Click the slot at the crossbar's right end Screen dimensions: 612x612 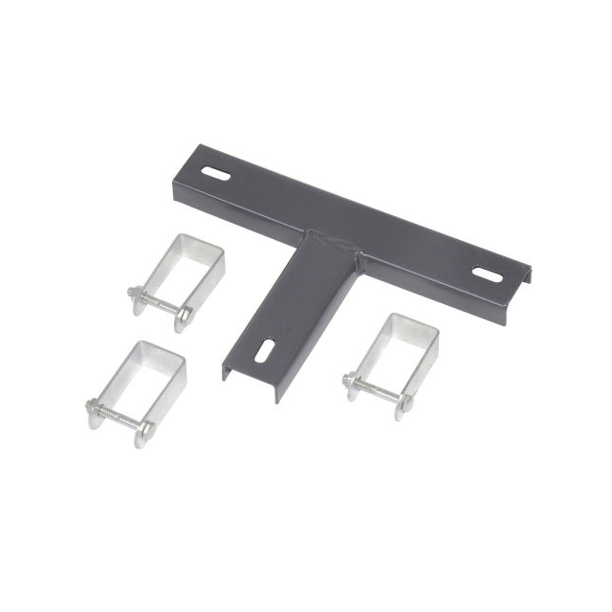click(x=487, y=274)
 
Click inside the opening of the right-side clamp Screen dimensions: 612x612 click(x=404, y=351)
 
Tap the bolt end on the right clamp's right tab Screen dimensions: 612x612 click(x=404, y=402)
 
